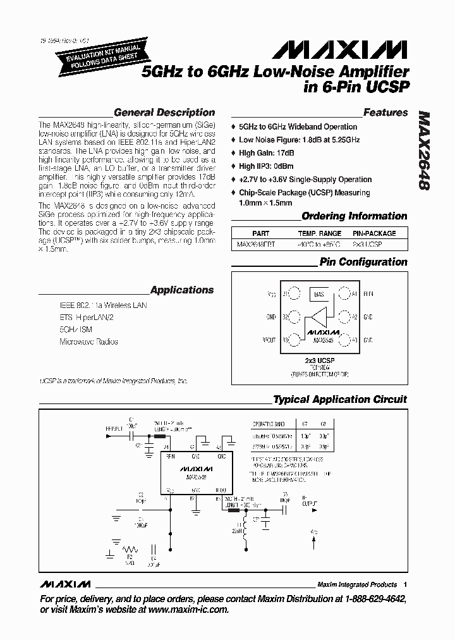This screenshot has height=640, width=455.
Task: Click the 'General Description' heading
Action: (164, 113)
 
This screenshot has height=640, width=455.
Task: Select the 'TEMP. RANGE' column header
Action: (319, 233)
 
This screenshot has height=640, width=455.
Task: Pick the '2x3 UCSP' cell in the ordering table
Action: (367, 244)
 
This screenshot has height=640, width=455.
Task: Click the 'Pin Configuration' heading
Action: (363, 262)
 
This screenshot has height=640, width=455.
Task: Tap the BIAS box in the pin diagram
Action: (318, 295)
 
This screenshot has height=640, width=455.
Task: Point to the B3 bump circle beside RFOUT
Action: (293, 340)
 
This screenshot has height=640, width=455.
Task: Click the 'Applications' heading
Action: (182, 290)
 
